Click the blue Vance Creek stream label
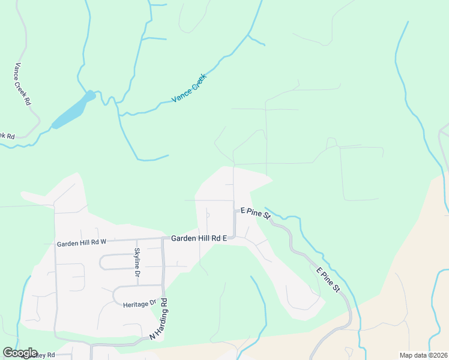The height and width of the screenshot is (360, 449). (x=189, y=88)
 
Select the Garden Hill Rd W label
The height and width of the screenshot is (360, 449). (x=81, y=244)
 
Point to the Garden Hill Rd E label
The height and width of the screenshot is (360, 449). (x=199, y=238)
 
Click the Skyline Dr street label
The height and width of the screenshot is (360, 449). (x=137, y=262)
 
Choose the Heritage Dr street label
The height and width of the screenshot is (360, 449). (x=139, y=304)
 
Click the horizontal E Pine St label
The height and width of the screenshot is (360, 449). (x=256, y=212)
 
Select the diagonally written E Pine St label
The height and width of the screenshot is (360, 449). (x=328, y=280)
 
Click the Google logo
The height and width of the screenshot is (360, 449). (x=20, y=353)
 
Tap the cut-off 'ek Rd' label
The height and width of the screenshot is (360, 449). (x=7, y=136)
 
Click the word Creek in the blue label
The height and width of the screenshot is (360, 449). (x=197, y=81)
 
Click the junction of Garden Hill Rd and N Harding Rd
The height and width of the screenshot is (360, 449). (x=163, y=239)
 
